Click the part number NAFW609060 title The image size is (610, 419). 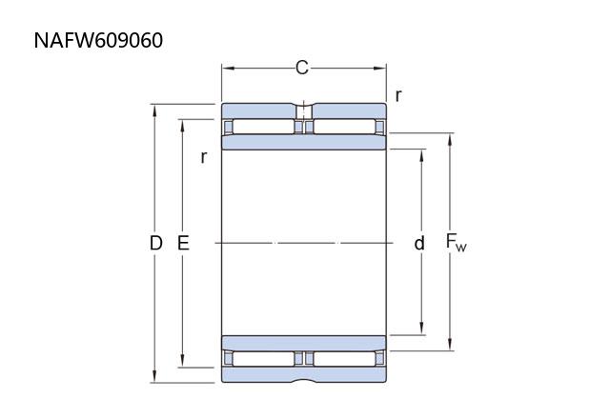tap(98, 40)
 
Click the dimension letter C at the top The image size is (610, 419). tap(302, 68)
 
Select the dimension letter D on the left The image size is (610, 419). tap(155, 244)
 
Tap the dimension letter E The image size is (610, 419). tap(183, 244)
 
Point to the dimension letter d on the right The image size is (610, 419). tap(419, 244)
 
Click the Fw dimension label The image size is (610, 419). tap(456, 244)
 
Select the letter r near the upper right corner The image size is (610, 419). tap(398, 95)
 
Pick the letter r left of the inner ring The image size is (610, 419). tap(203, 157)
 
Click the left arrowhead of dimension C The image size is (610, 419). tap(228, 69)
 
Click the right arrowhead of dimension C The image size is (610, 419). tap(380, 69)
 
